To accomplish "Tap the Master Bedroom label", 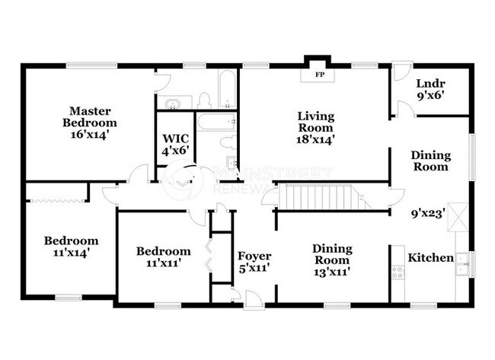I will click(90, 122).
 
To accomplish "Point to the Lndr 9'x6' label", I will click(430, 89).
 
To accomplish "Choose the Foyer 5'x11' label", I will click(254, 262).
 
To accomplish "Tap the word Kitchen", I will click(431, 258).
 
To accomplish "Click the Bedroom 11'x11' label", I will click(163, 257).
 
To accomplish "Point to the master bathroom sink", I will click(174, 103).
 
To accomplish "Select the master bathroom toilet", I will click(204, 99).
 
